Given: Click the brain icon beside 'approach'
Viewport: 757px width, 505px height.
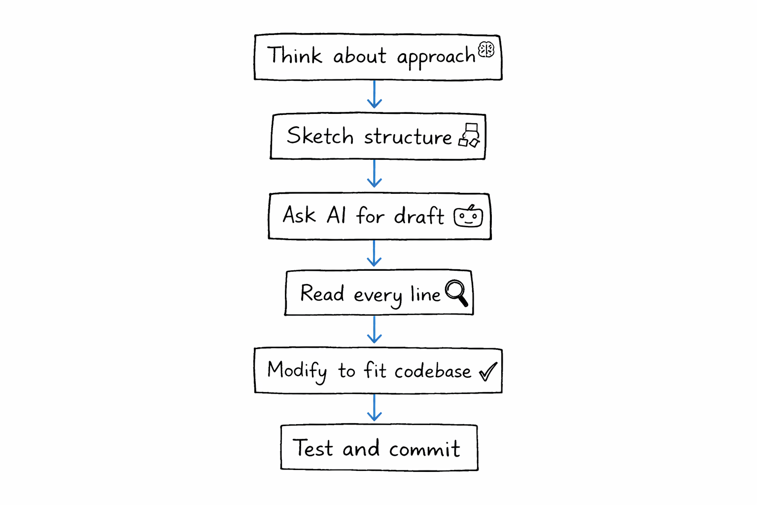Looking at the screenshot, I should pos(486,49).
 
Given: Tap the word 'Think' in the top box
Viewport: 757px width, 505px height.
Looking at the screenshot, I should pos(294,55).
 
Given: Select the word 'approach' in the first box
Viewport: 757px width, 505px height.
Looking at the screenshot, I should pos(436,57).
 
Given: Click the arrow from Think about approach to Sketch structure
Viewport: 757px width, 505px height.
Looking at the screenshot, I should pos(375,94).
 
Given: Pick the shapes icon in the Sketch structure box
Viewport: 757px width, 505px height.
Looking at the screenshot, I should pos(470,135).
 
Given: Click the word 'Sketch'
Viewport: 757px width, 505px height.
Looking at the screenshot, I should pos(320,136).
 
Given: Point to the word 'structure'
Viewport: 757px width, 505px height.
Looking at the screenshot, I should pos(408,137).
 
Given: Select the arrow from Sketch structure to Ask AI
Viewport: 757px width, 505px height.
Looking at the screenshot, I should pos(375,173).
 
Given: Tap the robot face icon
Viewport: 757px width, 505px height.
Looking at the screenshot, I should pos(468,216).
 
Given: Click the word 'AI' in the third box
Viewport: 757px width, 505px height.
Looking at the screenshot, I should pos(337,216).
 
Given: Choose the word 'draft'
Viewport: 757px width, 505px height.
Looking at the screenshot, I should pos(419,216).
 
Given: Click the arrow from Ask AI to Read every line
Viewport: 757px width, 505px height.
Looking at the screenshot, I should pos(375,253).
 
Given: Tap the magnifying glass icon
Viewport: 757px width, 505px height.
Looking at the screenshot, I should pos(456,292).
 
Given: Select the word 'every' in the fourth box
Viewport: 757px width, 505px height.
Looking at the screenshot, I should pos(378,296).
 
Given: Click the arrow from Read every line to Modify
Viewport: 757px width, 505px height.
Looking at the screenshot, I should pos(375,329).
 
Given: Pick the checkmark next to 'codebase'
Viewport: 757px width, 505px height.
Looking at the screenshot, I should pos(488,371).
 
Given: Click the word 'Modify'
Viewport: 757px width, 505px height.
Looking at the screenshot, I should pos(297,371).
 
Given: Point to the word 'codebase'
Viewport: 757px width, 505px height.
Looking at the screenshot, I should pos(433,371).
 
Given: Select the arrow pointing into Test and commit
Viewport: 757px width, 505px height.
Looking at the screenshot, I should pos(375,407).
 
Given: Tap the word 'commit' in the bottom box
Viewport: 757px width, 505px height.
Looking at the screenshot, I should pos(424,449).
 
